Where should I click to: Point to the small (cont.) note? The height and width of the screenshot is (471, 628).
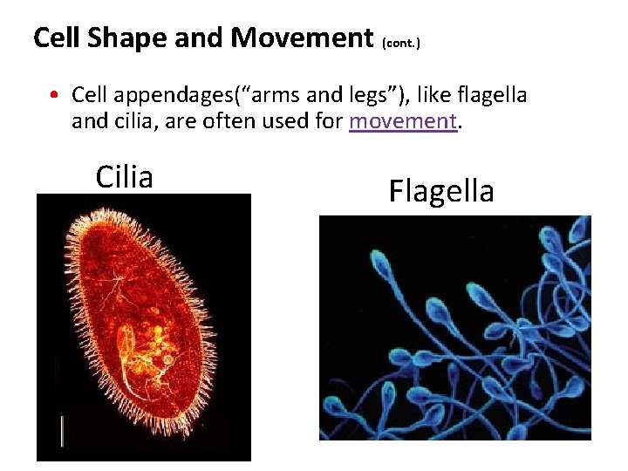[x=401, y=42]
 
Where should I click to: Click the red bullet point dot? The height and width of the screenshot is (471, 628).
[x=54, y=94]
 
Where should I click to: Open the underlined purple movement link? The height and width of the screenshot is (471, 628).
[x=403, y=121]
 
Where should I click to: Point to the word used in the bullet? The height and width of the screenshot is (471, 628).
[x=293, y=121]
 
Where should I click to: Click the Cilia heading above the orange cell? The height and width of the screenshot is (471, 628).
[x=124, y=176]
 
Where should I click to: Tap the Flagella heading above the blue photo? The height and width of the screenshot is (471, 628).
[x=441, y=190]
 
